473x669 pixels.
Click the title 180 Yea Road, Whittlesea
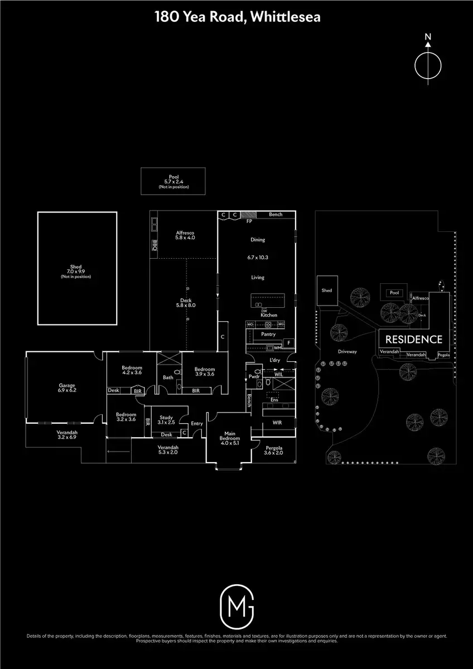tap(237, 18)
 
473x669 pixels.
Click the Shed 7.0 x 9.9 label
tap(76, 272)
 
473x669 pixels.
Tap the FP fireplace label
tap(249, 221)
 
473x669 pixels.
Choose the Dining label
tap(258, 240)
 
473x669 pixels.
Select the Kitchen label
tap(269, 315)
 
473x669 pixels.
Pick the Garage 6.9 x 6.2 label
tap(67, 387)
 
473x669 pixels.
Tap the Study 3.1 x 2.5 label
tap(166, 420)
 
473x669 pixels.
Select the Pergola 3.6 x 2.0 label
tap(273, 450)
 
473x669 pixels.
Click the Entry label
tap(197, 424)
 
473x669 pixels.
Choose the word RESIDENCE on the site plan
tap(414, 340)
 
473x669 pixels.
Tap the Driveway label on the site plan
tap(346, 352)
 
